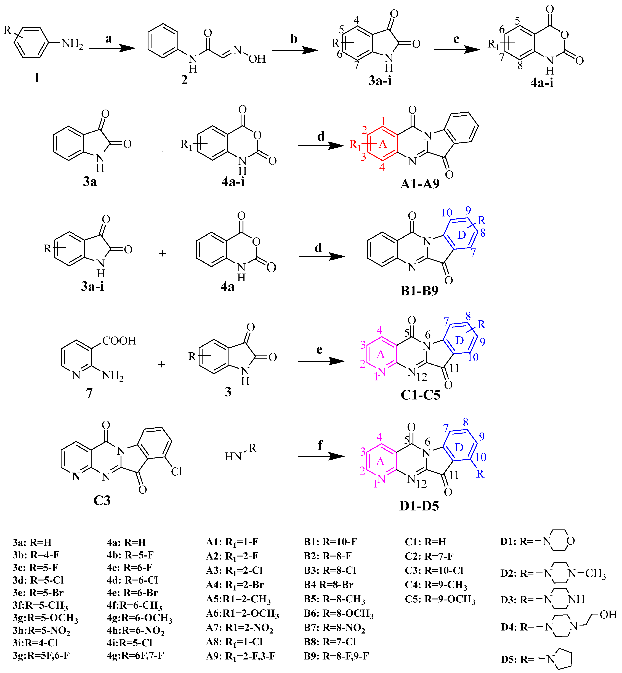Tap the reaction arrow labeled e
tap(321, 361)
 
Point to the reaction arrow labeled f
tap(321, 457)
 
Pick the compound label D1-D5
tap(419, 506)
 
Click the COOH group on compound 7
tap(119, 341)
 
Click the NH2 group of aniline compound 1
tap(72, 44)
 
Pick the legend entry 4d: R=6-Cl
tap(132, 580)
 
